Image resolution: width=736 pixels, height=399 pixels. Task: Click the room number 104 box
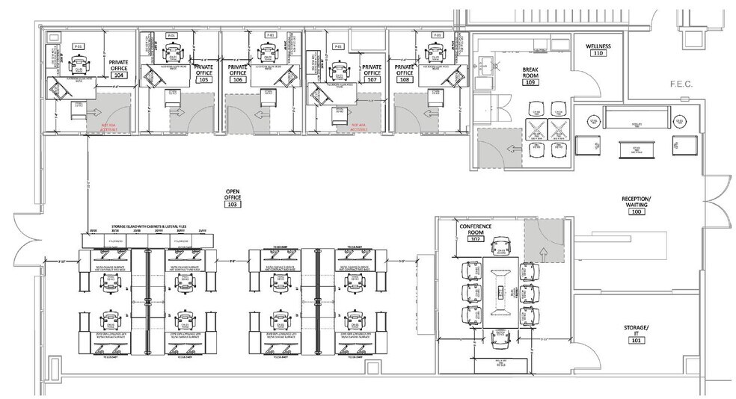pyautogui.click(x=118, y=75)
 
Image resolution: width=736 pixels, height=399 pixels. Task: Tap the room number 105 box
pyautogui.click(x=203, y=79)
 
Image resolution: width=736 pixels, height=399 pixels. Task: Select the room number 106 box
pyautogui.click(x=238, y=79)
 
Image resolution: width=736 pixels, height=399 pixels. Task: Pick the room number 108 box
pyautogui.click(x=405, y=79)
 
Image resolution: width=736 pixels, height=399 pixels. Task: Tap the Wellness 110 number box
pyautogui.click(x=598, y=54)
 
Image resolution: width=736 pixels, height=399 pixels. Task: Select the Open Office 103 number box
pyautogui.click(x=232, y=204)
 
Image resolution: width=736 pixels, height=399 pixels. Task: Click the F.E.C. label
pyautogui.click(x=682, y=84)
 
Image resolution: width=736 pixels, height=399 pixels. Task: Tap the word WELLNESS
pyautogui.click(x=598, y=46)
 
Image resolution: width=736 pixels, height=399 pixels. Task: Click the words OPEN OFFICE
pyautogui.click(x=232, y=194)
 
